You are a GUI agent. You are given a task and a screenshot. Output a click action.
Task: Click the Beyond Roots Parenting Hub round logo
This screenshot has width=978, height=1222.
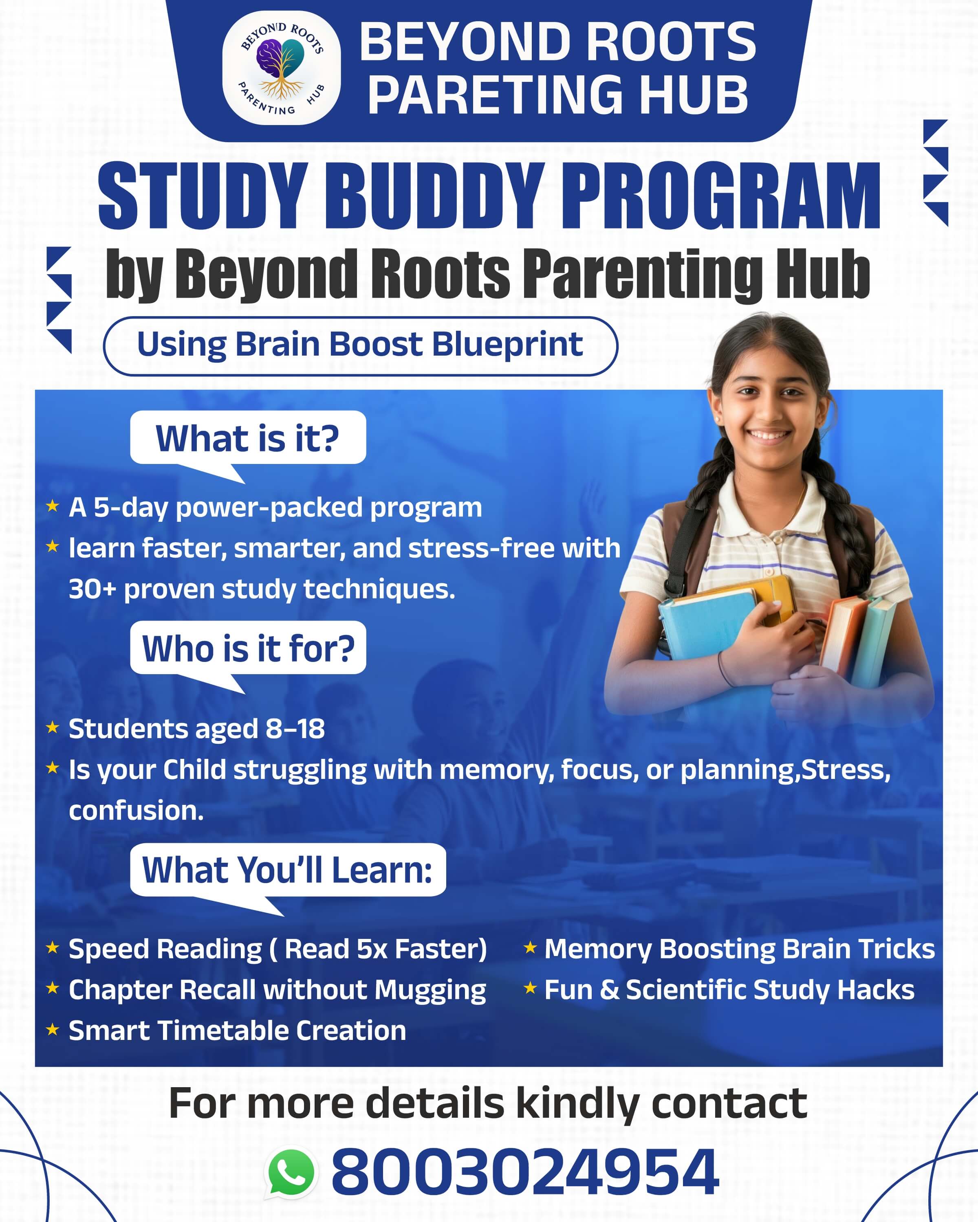tap(281, 68)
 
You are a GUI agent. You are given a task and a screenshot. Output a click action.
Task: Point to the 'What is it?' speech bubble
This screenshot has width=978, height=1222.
tap(248, 438)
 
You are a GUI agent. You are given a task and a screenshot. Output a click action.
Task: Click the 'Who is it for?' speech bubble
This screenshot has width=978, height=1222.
tap(248, 648)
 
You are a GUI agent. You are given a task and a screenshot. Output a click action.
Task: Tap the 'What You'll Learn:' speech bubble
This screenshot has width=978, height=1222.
tap(287, 870)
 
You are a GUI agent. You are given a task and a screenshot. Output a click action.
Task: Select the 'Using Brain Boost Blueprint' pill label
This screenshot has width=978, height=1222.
tap(360, 345)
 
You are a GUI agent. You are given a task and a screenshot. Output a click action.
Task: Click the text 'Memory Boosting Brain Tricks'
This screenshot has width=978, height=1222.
tap(739, 949)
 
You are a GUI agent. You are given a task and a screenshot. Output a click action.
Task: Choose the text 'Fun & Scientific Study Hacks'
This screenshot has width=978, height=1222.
tap(729, 989)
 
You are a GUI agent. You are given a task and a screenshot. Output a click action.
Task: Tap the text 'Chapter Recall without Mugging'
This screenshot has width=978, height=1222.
tap(277, 989)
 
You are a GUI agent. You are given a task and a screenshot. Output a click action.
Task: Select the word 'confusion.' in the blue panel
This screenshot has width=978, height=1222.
tap(136, 811)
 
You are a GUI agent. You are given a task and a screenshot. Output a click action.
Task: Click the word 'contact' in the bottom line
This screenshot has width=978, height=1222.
tap(729, 1103)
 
